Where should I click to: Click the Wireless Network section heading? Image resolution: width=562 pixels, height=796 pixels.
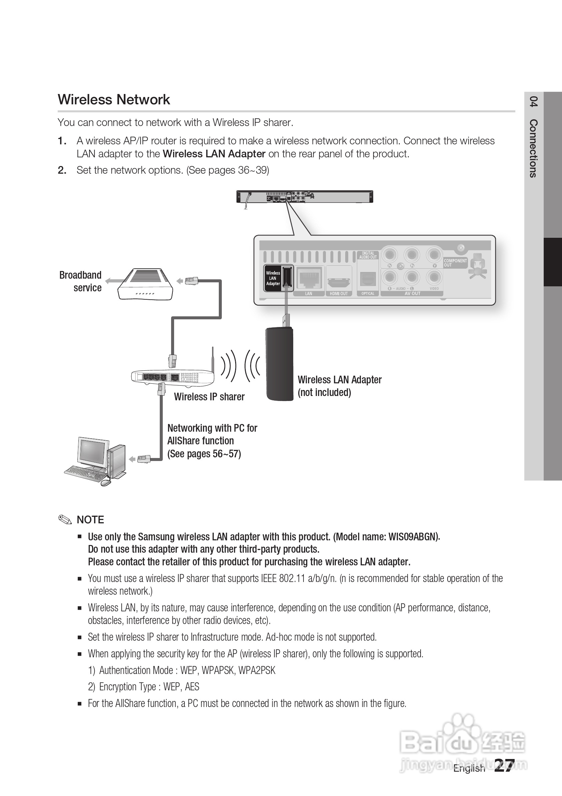114,99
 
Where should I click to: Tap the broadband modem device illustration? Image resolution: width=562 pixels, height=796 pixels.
145,284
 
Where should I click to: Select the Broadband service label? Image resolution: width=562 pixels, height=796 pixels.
80,281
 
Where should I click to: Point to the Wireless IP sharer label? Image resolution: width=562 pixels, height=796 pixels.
209,397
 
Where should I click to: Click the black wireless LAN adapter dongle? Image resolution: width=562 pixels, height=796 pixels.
279,364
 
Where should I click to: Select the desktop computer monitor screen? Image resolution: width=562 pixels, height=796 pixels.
92,451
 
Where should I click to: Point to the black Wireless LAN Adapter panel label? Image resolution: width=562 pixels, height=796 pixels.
273,278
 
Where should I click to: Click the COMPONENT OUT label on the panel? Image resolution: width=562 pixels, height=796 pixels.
455,262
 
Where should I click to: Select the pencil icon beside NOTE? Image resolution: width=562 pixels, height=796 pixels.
65,519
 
